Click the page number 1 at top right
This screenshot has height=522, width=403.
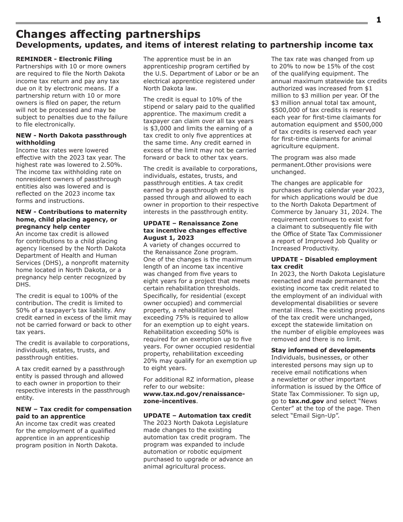(378, 20)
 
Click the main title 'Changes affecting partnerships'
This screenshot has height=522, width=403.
(108, 34)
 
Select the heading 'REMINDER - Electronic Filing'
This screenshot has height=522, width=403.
(64, 59)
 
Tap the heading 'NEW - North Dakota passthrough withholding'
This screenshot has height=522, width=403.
(71, 139)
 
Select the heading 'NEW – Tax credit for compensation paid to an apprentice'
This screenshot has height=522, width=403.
(73, 413)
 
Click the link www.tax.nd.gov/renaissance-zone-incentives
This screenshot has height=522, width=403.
(194, 397)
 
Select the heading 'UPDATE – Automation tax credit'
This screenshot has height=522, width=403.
(197, 415)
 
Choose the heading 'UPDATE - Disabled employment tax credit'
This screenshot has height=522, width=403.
(324, 263)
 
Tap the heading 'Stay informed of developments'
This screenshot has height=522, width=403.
(323, 350)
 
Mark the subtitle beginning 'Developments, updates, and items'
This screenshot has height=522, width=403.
(194, 45)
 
